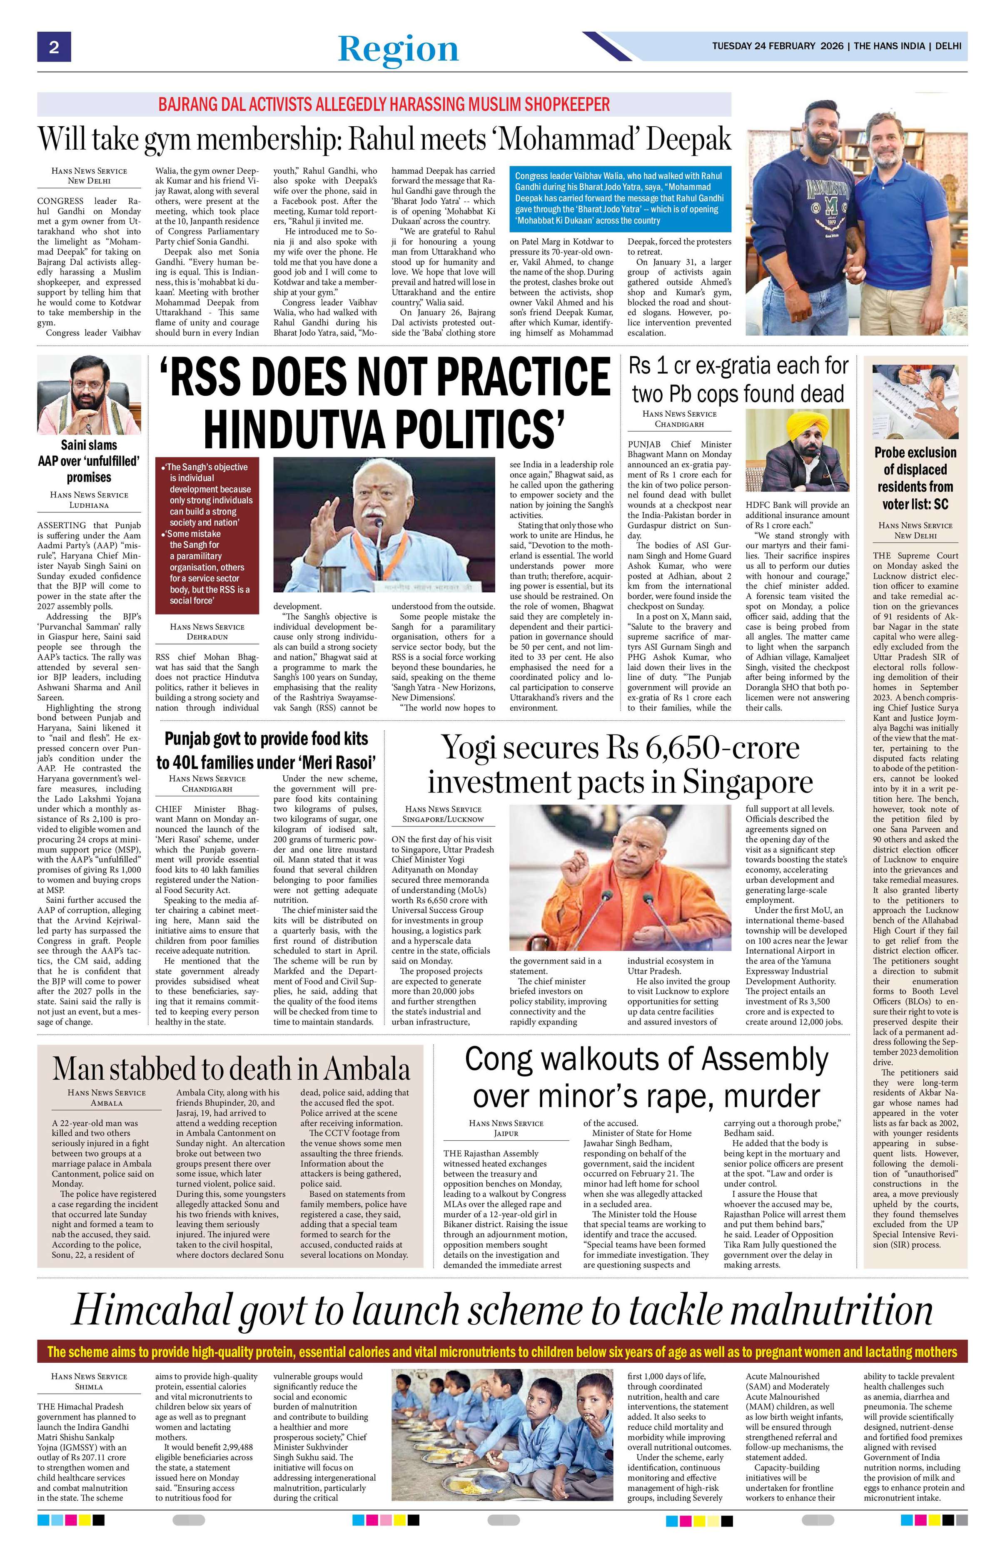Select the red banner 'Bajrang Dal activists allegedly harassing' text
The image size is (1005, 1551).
pos(384,104)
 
